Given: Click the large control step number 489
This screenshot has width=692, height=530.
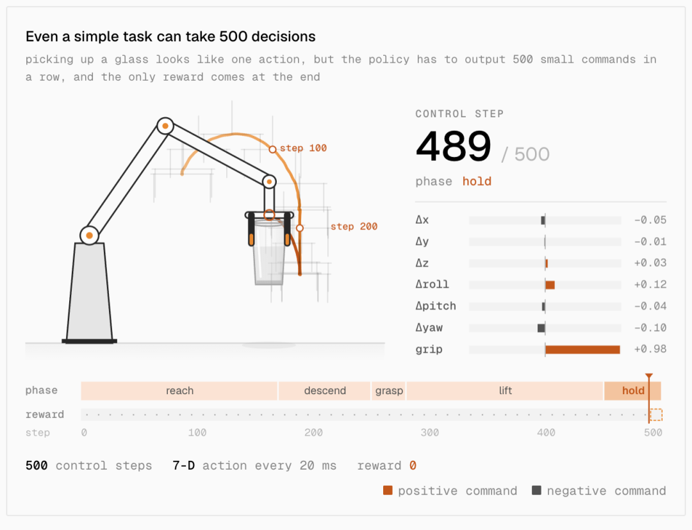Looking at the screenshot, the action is pos(453,146).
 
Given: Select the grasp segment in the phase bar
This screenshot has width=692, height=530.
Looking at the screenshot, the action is pos(389,390).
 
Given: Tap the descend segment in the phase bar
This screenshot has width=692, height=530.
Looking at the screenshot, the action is pos(325,390).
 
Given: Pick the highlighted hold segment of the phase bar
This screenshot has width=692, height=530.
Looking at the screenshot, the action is pos(632,390).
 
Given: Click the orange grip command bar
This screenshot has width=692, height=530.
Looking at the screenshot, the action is pos(582,349).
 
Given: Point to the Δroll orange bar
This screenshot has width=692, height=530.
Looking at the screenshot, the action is pos(550,285).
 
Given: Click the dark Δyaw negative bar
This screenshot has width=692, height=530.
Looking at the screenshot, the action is pos(541,328).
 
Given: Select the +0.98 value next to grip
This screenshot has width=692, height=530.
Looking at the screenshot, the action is pos(650,349).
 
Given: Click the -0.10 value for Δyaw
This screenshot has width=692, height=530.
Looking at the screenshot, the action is pos(650,328).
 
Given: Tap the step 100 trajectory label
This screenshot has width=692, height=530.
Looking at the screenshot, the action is pos(303,148).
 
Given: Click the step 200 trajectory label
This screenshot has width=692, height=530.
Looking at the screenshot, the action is pos(354,226).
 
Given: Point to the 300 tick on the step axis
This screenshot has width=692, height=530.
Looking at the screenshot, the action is pos(430,433).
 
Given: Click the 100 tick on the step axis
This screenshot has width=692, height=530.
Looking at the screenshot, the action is pos(197,433).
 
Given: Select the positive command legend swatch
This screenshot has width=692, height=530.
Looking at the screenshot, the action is pos(388,490).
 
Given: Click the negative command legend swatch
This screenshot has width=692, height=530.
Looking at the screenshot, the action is pos(537,490).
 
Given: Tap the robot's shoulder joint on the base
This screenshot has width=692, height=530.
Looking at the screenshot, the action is pos(89,235).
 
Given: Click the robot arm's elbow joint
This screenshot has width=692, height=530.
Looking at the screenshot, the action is pos(165,126).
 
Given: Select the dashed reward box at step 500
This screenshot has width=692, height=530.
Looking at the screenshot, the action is pos(656,415).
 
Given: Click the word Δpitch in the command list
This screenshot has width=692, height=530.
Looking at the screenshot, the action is pos(436,306).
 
